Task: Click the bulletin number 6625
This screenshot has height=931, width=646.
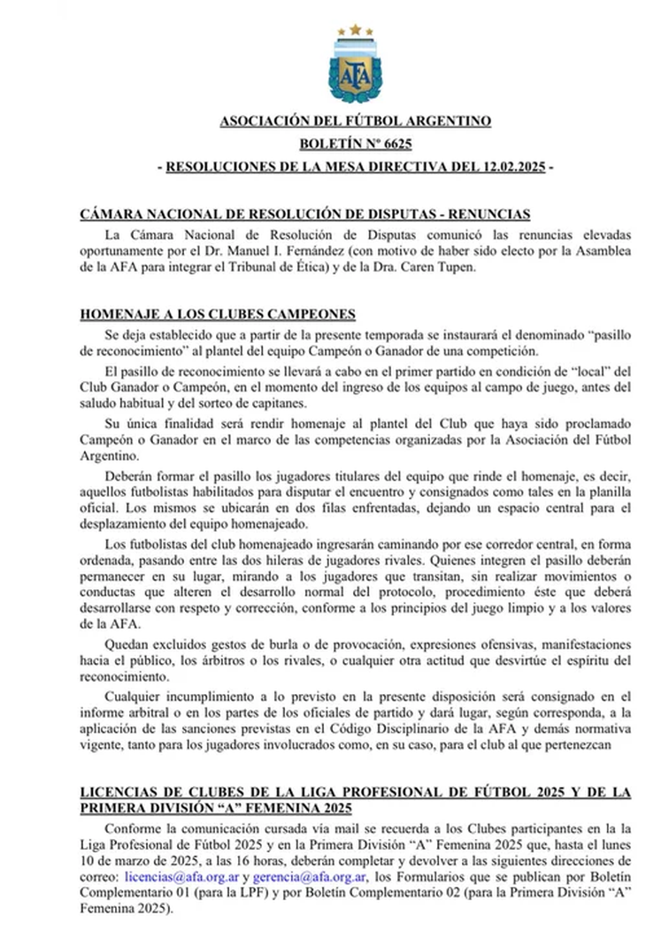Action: tap(396, 143)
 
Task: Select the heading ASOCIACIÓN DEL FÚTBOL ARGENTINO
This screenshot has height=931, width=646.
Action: tap(355, 121)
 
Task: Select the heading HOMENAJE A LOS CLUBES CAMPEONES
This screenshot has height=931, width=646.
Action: tap(218, 313)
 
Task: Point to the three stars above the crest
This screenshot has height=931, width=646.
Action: tap(355, 30)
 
